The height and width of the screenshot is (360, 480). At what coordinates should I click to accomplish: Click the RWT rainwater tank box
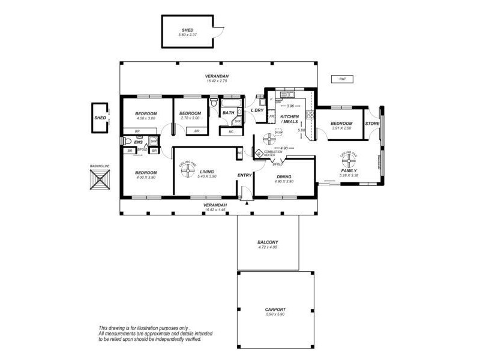click(x=342, y=79)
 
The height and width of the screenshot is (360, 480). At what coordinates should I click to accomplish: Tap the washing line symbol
click(x=101, y=179)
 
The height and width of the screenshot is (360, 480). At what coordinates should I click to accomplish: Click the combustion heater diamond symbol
click(x=259, y=154)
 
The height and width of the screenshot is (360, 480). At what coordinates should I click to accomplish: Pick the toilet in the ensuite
click(x=126, y=142)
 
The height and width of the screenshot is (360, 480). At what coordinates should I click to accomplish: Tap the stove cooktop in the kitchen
click(x=310, y=115)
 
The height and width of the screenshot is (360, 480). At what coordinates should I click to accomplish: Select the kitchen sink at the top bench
click(x=287, y=94)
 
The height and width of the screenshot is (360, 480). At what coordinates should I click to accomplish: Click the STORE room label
click(x=372, y=124)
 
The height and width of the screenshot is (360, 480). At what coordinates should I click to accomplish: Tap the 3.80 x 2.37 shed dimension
click(x=187, y=35)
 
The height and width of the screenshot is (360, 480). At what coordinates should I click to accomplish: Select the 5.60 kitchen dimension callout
click(x=302, y=130)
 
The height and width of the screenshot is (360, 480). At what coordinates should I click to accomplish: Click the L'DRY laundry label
click(x=257, y=111)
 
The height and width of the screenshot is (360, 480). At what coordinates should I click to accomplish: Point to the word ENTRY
click(x=245, y=175)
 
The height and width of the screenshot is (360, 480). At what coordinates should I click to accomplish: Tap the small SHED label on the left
click(x=100, y=118)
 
